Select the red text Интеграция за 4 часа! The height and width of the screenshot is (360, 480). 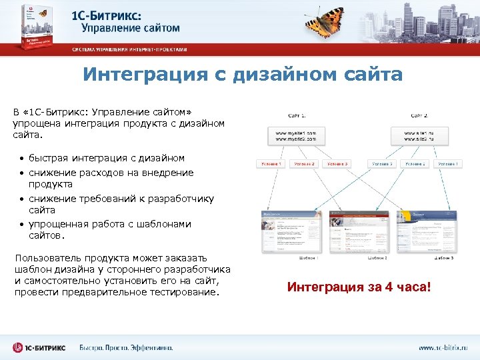pyautogui.click(x=359, y=287)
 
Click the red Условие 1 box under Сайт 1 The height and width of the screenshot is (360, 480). pyautogui.click(x=272, y=163)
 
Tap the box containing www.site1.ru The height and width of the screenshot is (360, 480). pyautogui.click(x=419, y=136)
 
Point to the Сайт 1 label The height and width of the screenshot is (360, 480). pyautogui.click(x=297, y=115)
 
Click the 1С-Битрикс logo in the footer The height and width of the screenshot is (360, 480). pyautogui.click(x=39, y=347)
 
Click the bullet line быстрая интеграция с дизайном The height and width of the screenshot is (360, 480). pyautogui.click(x=106, y=158)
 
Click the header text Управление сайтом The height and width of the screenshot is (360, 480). pyautogui.click(x=131, y=28)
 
